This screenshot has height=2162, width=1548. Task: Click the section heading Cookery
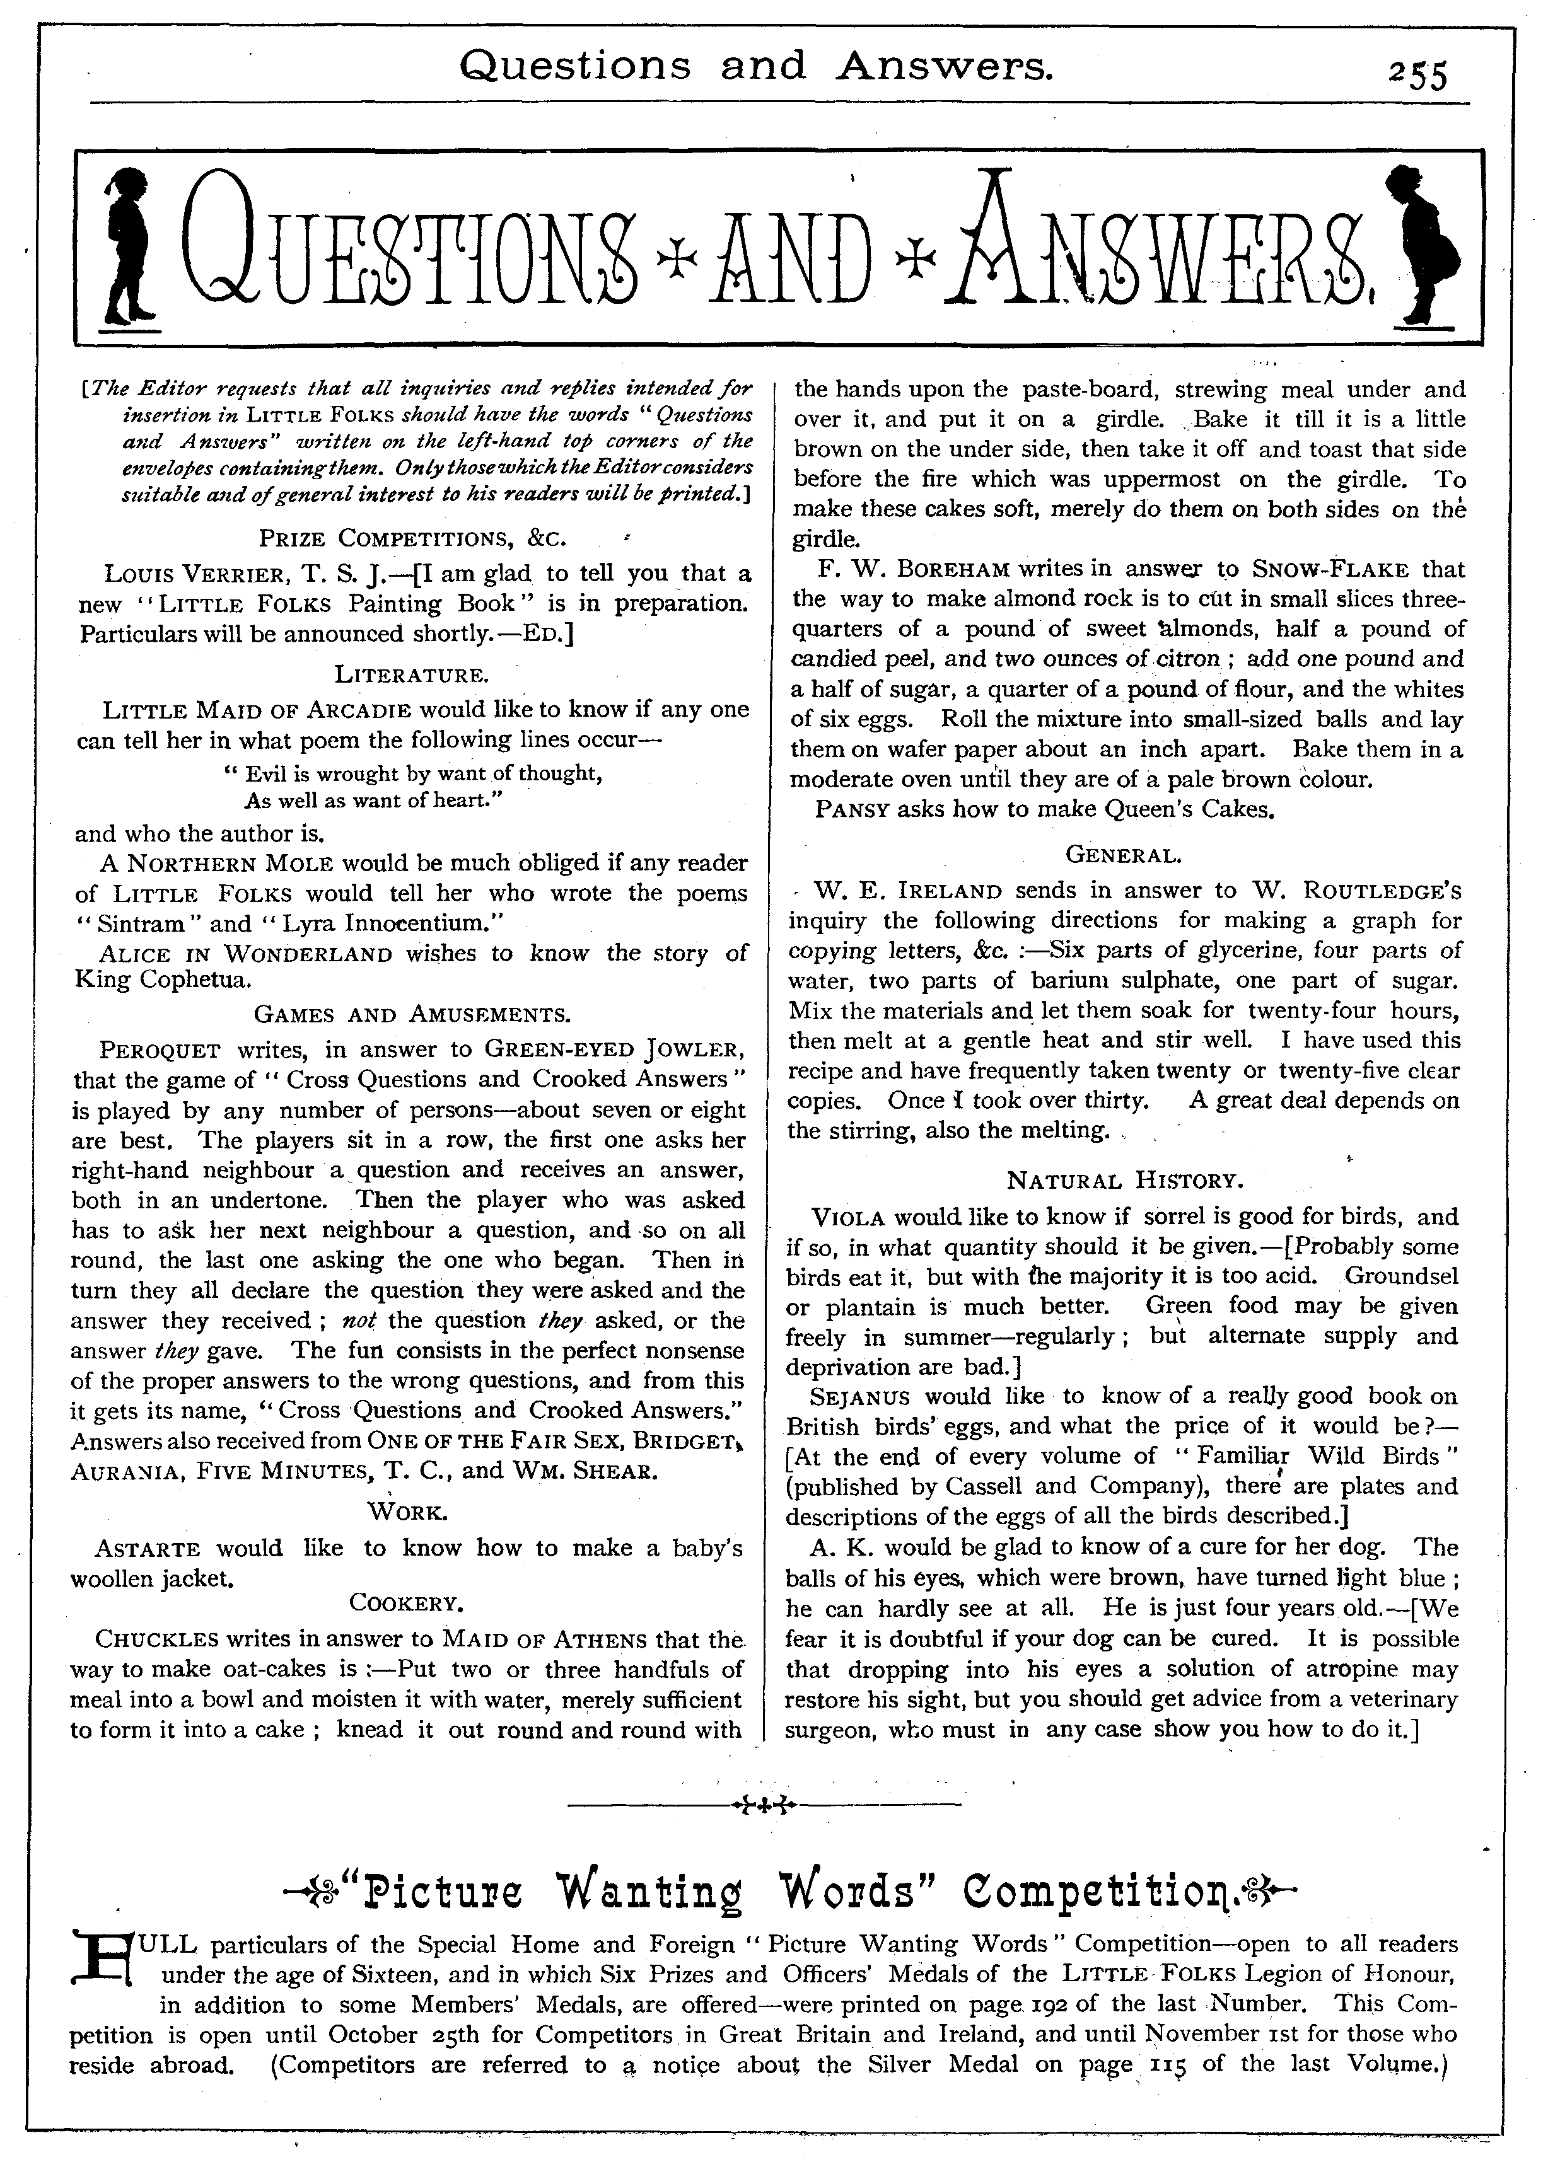coord(406,1603)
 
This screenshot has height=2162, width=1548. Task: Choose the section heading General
coord(1124,855)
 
